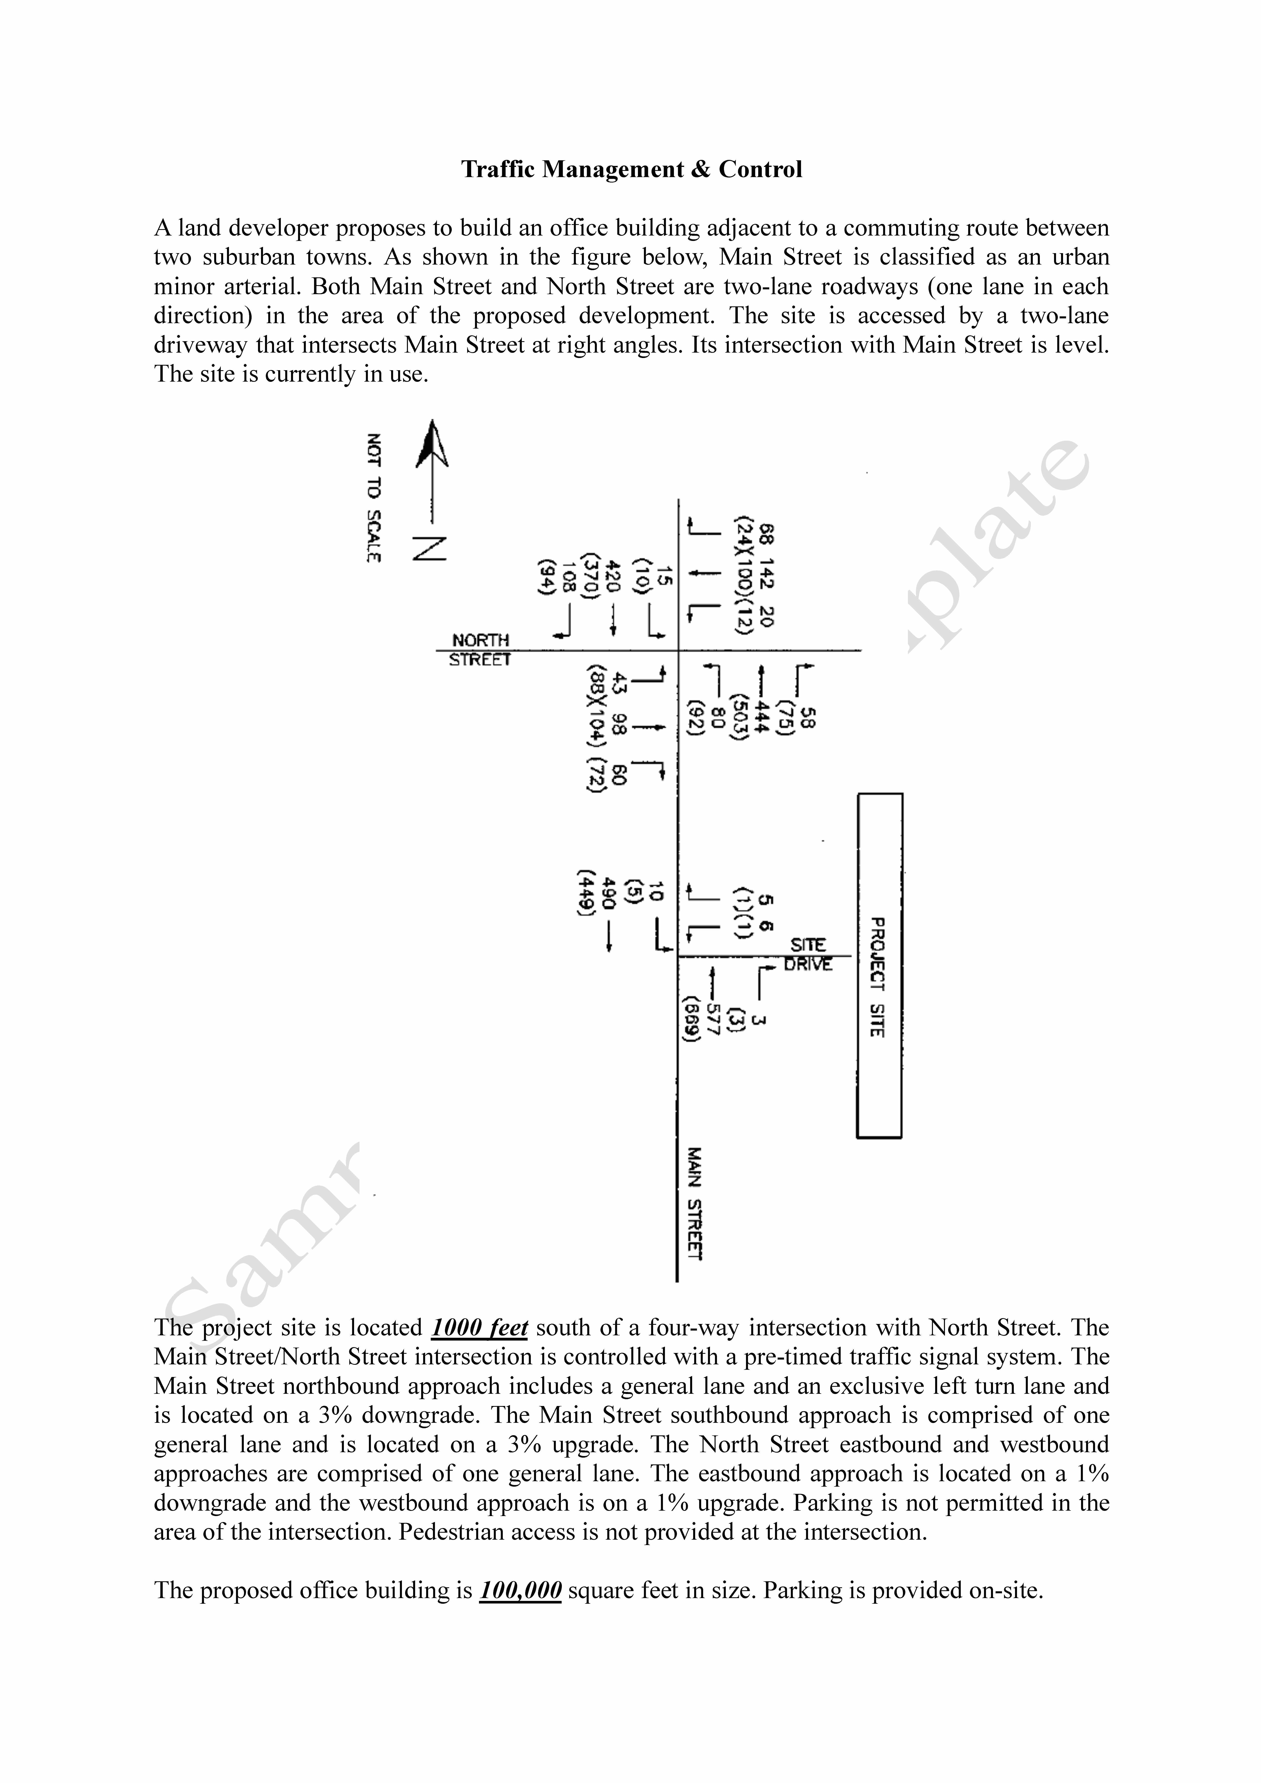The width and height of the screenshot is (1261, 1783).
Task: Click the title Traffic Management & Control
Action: point(631,169)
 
